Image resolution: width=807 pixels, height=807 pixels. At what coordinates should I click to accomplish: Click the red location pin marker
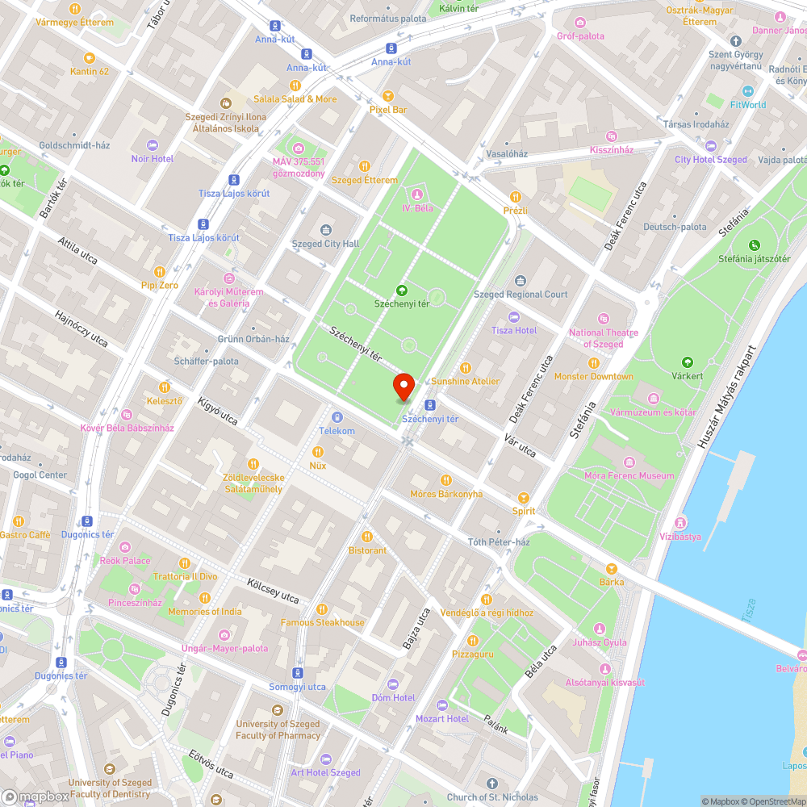pos(403,387)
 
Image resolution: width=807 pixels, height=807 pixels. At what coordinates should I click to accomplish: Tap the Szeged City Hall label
pos(325,244)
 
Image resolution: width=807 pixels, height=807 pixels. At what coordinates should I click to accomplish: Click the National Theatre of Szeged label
pos(603,338)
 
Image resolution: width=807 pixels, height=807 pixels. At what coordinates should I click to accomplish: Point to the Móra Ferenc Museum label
pos(629,475)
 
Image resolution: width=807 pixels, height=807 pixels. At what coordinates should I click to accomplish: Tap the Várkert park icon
pos(688,362)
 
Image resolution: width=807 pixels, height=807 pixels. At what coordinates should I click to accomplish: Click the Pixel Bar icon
pos(387,95)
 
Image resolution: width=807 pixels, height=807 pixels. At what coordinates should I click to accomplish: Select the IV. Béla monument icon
pos(417,194)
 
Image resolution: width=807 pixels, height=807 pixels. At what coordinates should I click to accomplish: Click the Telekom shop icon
pos(337,417)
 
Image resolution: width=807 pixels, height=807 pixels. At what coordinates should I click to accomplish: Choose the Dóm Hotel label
pos(393,698)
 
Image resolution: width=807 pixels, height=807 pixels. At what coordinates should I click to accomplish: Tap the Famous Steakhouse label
pos(322,622)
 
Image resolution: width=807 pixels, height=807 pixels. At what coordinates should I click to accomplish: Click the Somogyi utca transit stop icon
pos(298,672)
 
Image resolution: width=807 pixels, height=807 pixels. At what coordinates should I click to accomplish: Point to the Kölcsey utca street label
pos(274,590)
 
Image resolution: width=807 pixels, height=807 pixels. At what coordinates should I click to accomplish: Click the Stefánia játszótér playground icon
pos(755,245)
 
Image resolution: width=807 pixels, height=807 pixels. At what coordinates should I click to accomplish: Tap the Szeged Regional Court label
pos(521,295)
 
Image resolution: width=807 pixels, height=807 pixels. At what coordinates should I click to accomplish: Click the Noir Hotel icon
pos(153,145)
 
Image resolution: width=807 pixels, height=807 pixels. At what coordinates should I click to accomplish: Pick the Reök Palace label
pos(125,560)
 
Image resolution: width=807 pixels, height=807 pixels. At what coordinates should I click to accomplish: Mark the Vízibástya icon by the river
pos(681,522)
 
